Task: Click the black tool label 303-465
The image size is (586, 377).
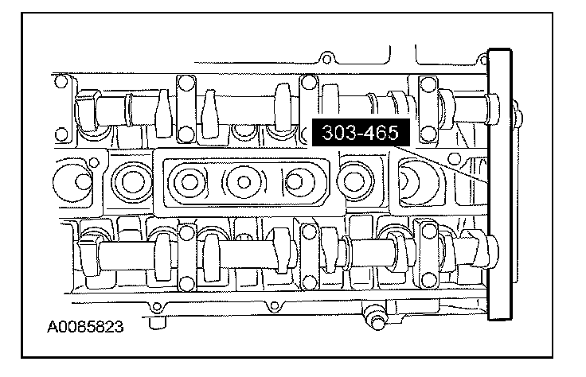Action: point(361,133)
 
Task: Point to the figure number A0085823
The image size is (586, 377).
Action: point(85,327)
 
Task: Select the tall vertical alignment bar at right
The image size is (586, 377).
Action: point(500,185)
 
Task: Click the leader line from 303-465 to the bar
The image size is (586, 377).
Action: point(442,164)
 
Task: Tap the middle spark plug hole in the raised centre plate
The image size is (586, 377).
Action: point(244,182)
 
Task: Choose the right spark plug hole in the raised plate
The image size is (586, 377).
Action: point(295,182)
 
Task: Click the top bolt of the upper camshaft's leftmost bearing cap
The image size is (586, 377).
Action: point(186,82)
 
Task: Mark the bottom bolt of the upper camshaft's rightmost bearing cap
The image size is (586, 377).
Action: point(428,133)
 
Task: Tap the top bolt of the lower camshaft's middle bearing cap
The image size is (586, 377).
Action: point(309,231)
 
